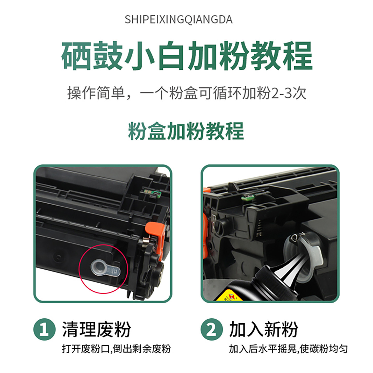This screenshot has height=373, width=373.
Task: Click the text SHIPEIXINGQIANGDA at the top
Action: tap(178, 20)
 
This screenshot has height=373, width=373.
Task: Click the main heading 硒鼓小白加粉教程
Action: tap(187, 56)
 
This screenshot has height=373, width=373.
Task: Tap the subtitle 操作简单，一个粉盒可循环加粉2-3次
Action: tap(187, 93)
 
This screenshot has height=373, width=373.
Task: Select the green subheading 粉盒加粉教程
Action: tap(186, 131)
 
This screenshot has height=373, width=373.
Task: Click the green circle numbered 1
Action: tap(45, 329)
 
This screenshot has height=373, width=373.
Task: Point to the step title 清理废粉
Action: tap(97, 329)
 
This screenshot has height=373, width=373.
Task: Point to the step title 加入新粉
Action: tap(264, 329)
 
